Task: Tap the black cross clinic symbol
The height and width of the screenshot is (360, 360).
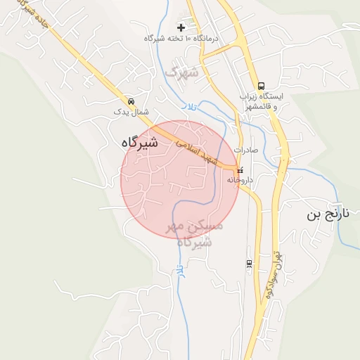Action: coord(181,27)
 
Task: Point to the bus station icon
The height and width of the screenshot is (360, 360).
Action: coord(262,84)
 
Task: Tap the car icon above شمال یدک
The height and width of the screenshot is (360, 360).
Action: coord(131,101)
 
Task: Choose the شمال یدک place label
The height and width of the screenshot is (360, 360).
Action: coord(131,112)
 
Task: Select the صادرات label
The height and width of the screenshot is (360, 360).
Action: coord(246,150)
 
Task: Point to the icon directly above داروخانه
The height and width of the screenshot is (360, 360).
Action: coord(240,169)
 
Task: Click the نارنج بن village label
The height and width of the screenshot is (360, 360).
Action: coord(328,214)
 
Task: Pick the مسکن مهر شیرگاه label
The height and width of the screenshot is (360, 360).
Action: coord(194,233)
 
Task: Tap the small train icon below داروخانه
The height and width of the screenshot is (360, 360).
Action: coord(248,264)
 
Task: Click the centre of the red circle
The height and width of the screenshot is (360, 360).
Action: coord(179,179)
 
